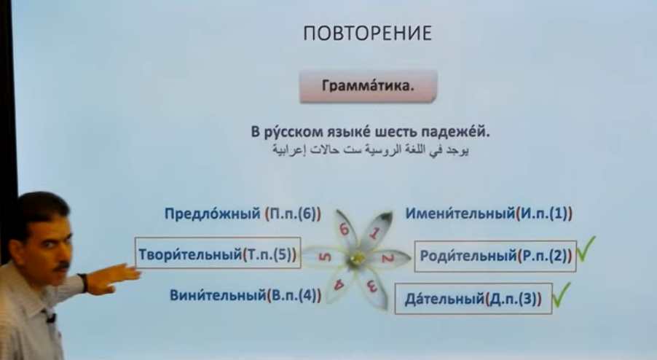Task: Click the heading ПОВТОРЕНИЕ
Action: point(367,34)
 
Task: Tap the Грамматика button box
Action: point(369,86)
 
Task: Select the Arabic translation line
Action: point(371,150)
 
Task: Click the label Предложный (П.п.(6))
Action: point(243,214)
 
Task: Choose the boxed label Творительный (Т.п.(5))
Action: point(218,253)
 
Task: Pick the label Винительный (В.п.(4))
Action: point(245,295)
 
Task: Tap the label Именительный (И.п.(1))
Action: point(489,214)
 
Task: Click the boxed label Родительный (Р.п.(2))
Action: point(495,256)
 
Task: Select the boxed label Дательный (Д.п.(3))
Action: point(473,299)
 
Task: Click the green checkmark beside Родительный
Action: point(586,249)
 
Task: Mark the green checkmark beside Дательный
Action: point(562,294)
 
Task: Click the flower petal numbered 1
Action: point(376,231)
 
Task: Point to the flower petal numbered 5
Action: point(324,257)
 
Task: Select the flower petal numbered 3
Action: point(374,288)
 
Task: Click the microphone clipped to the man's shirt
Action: point(51,317)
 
